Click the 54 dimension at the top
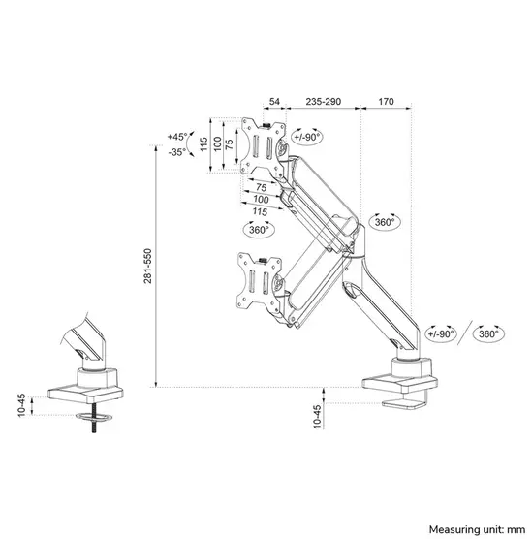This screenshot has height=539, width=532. [274, 100]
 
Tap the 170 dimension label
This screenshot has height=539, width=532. [386, 100]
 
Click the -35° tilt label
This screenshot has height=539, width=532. [176, 152]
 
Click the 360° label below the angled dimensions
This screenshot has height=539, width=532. [259, 230]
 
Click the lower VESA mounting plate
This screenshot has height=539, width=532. [258, 280]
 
